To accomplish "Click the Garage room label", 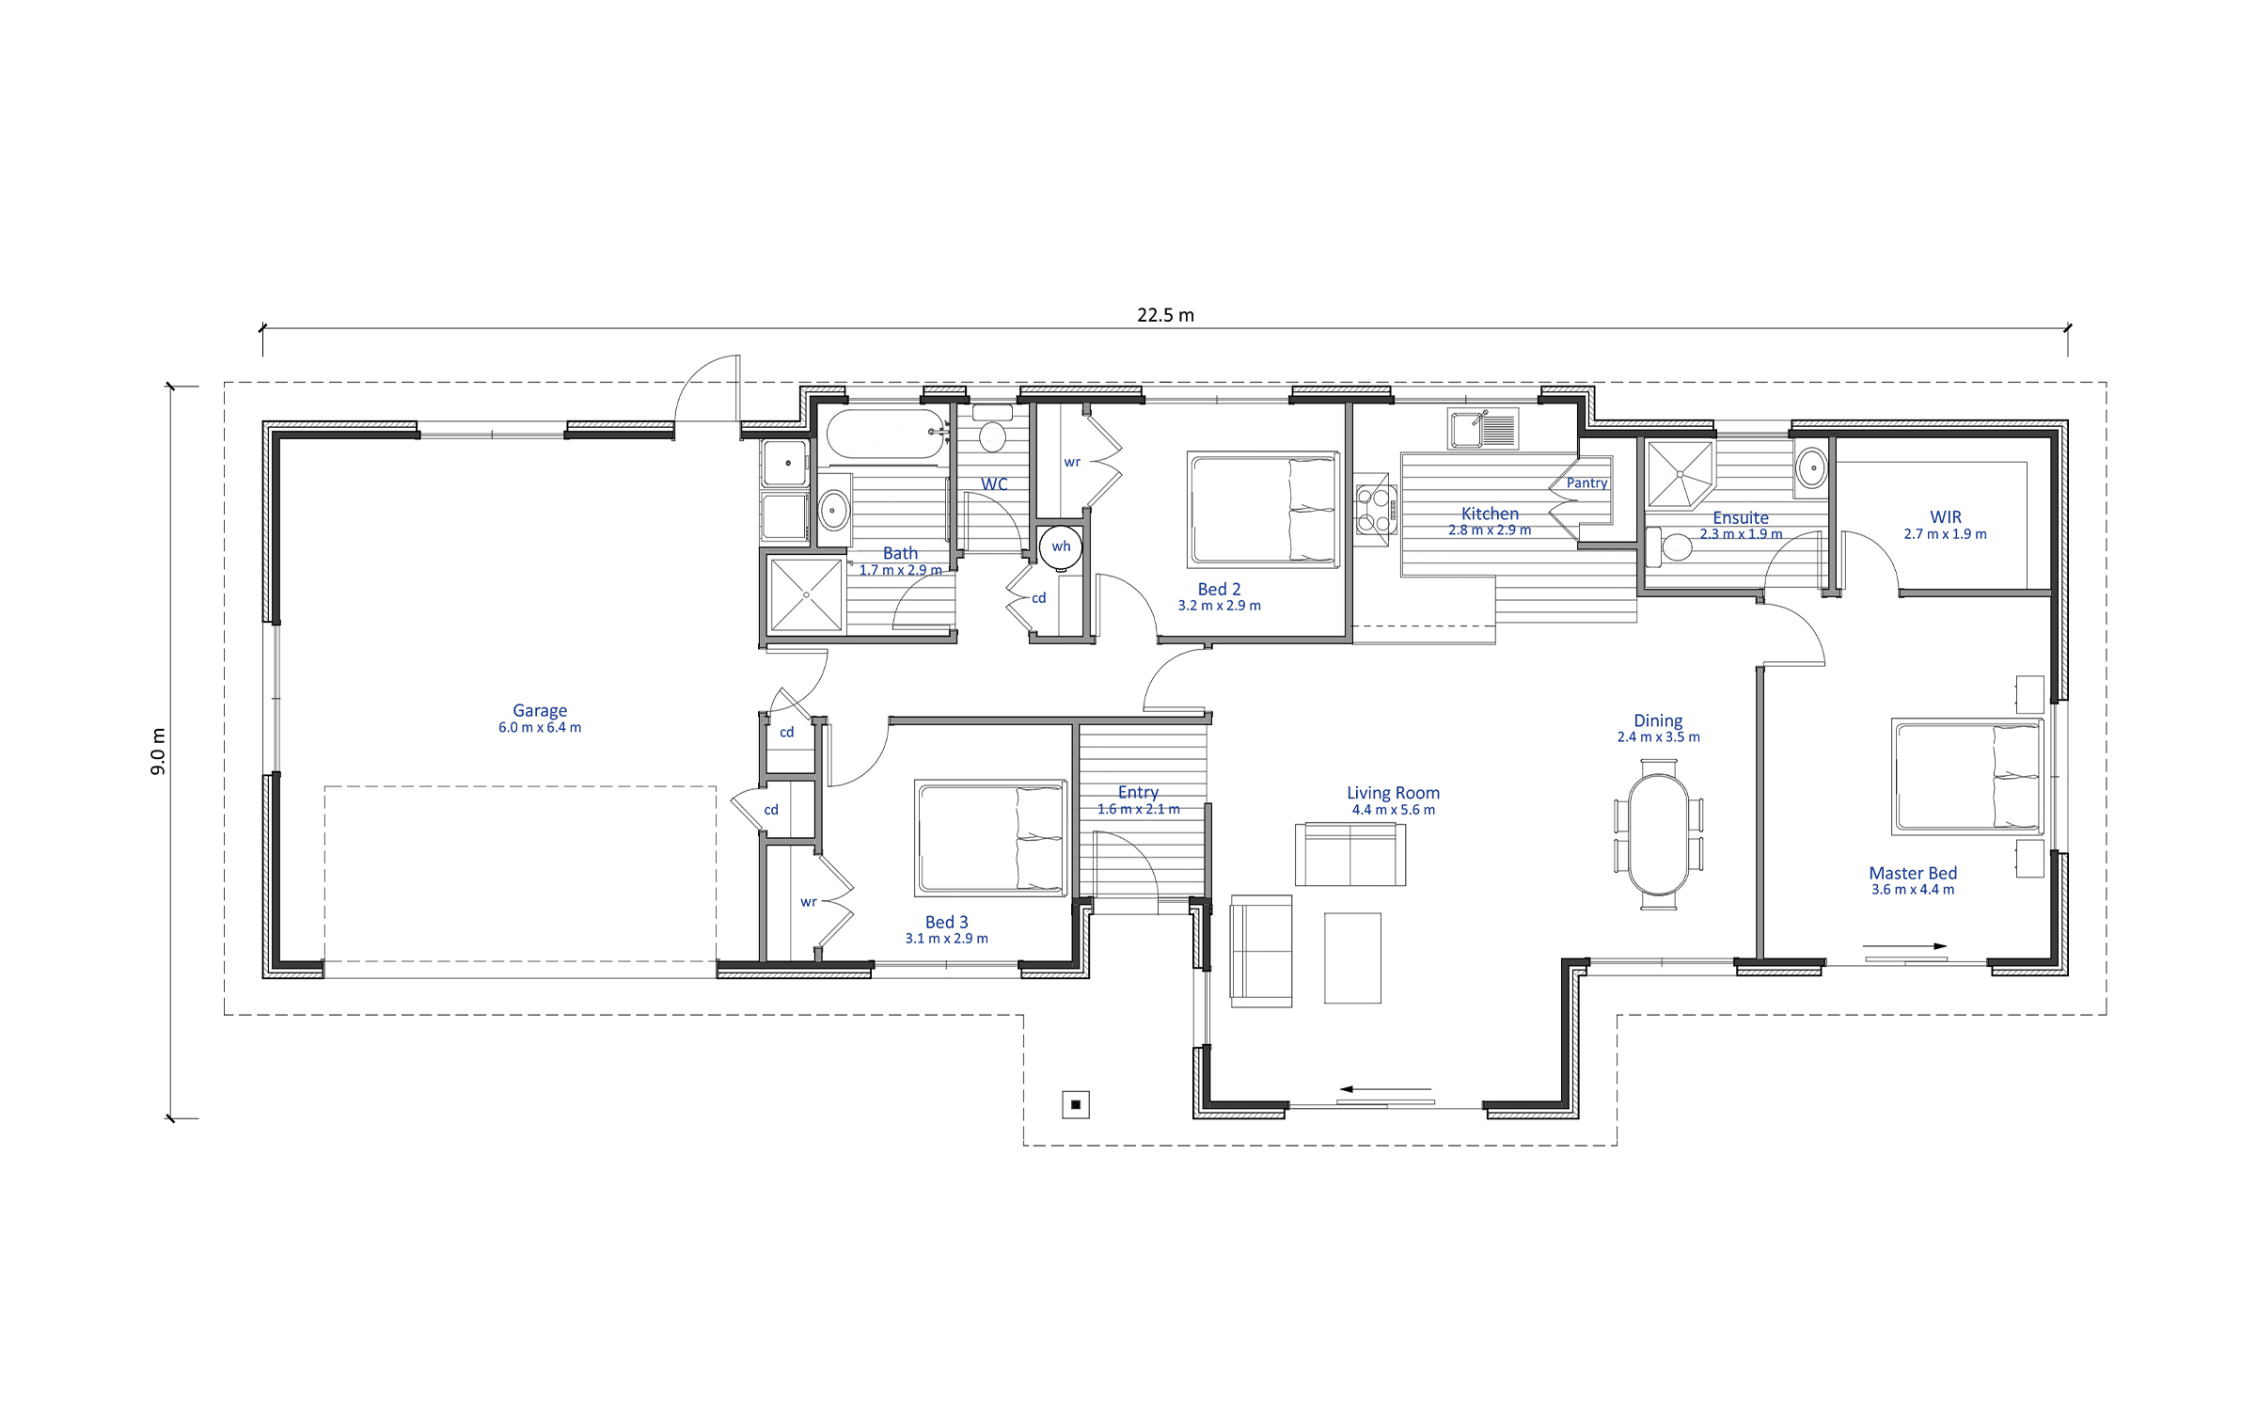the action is click(x=540, y=710).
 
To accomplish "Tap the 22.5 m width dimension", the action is click(x=1165, y=315).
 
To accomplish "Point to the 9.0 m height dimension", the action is click(x=158, y=752).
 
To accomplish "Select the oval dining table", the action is click(x=1659, y=834).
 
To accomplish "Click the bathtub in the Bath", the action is click(x=884, y=434).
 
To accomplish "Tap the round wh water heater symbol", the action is click(x=1061, y=546).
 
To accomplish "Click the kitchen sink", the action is click(x=1482, y=429).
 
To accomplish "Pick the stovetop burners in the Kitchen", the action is click(x=1375, y=509).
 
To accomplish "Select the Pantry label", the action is click(x=1586, y=483).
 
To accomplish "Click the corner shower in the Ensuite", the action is click(x=1679, y=472).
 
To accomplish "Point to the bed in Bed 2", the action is click(x=1263, y=510).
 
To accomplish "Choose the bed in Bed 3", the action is click(x=990, y=837).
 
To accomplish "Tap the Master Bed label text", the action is click(x=1913, y=873).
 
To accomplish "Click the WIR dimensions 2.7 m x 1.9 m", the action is click(x=1945, y=534).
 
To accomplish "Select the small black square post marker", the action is click(x=1076, y=1104).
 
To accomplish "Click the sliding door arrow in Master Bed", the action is click(x=1904, y=946).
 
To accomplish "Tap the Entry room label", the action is click(x=1138, y=792).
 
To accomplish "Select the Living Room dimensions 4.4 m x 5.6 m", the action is click(x=1393, y=810).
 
